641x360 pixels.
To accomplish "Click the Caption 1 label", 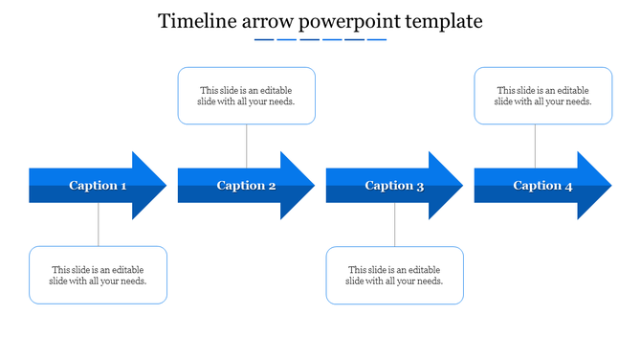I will [x=98, y=186].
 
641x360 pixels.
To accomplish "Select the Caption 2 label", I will [x=246, y=186].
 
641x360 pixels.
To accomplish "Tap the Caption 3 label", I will [x=394, y=186].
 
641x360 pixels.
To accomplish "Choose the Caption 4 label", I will [x=542, y=186].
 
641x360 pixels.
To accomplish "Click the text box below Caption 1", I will [x=98, y=276].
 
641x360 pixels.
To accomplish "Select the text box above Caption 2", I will [x=247, y=96].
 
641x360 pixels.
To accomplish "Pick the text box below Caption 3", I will [x=394, y=276].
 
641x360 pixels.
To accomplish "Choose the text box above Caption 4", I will [x=542, y=96].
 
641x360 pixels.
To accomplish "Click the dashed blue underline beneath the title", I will [x=320, y=40].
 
